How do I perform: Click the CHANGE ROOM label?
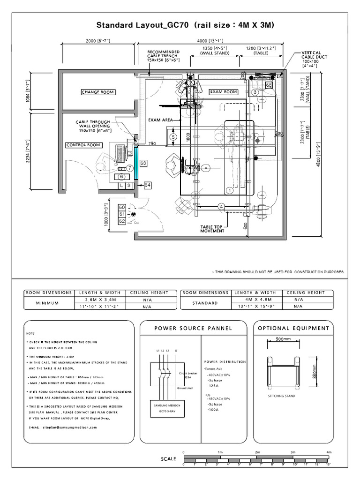[97, 92]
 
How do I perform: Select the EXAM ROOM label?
[223, 92]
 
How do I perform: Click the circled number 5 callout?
[173, 137]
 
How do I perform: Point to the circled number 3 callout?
[255, 92]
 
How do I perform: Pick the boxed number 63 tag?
[143, 163]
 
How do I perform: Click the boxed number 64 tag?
[148, 186]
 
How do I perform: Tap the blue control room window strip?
[135, 161]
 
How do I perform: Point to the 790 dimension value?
[152, 143]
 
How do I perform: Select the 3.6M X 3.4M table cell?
[98, 299]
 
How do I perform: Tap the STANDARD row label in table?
[204, 303]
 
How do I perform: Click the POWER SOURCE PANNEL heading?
[193, 329]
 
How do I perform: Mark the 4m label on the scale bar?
[329, 452]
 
